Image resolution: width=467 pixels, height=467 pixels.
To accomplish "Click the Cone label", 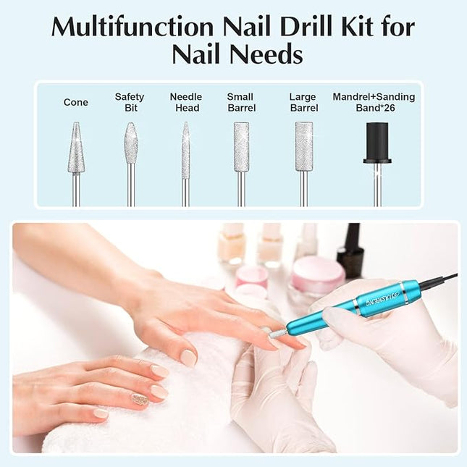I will pos(75,103).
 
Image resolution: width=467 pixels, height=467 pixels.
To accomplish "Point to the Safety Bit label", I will pos(130,103).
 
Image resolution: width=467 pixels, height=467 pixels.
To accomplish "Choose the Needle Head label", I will pos(185,103).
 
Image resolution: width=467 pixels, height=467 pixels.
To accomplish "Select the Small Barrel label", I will pos(240,103).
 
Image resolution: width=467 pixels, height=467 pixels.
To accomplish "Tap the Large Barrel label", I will pos(303,103).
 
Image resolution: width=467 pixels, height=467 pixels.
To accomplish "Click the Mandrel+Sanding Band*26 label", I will pos(374,103).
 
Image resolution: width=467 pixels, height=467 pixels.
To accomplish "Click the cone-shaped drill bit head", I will pos(76,149).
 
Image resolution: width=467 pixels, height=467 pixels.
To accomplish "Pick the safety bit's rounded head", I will pos(130,143).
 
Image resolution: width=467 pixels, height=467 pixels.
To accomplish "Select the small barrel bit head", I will pos(241,147).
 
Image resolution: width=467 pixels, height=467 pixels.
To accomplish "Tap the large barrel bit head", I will pos(304,146).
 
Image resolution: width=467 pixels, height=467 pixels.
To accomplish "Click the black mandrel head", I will pos(376,142).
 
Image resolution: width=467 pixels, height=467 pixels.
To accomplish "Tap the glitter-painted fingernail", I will pos(140,399).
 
